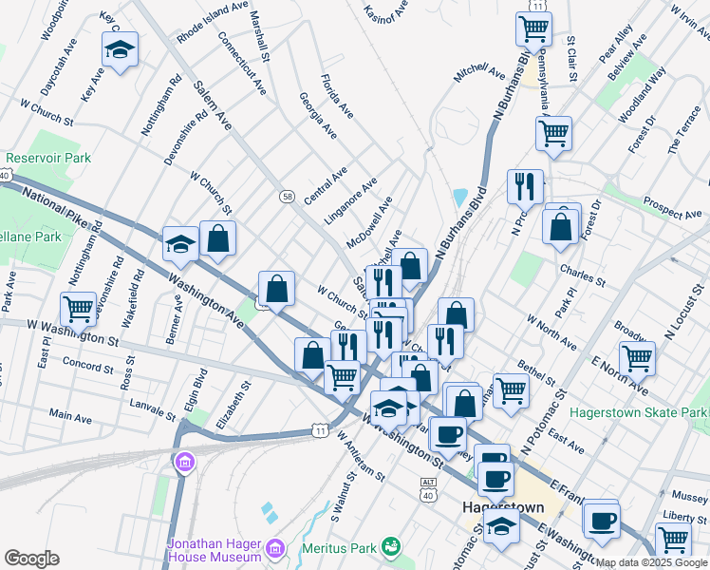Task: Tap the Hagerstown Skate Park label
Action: (638, 412)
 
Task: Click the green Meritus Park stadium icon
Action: (389, 546)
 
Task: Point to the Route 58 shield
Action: (287, 196)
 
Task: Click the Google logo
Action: (31, 559)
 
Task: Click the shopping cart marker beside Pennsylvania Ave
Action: (553, 133)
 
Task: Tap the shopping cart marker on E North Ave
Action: (637, 359)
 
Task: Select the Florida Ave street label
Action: (337, 96)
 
